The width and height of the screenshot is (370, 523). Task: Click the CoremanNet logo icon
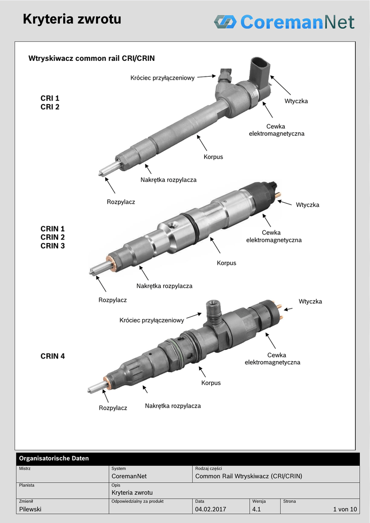pos(226,21)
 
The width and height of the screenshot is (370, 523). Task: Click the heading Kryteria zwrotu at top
pos(71,19)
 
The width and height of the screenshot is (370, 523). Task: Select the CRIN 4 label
pos(53,356)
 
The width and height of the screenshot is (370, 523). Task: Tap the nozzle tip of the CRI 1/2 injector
pos(101,173)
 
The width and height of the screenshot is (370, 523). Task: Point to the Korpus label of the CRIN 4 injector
pos(211,383)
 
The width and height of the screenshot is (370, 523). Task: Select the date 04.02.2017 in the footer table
pos(211,509)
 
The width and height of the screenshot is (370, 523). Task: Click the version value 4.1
pos(256,509)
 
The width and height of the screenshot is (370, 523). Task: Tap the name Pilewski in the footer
pos(30,509)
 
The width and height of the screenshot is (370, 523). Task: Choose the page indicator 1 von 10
pos(345,509)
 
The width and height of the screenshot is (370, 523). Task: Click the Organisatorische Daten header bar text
pos(54,458)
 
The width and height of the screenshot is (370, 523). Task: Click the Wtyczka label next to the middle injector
pos(307,204)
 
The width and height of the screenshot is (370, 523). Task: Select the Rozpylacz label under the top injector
pos(121,202)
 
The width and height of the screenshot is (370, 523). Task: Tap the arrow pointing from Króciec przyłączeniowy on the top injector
pos(207,77)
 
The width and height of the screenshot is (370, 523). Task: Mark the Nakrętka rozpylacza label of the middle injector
pos(164,286)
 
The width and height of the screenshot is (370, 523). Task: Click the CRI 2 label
pos(50,107)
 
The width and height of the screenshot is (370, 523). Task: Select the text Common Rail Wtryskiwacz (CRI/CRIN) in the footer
pos(249,476)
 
